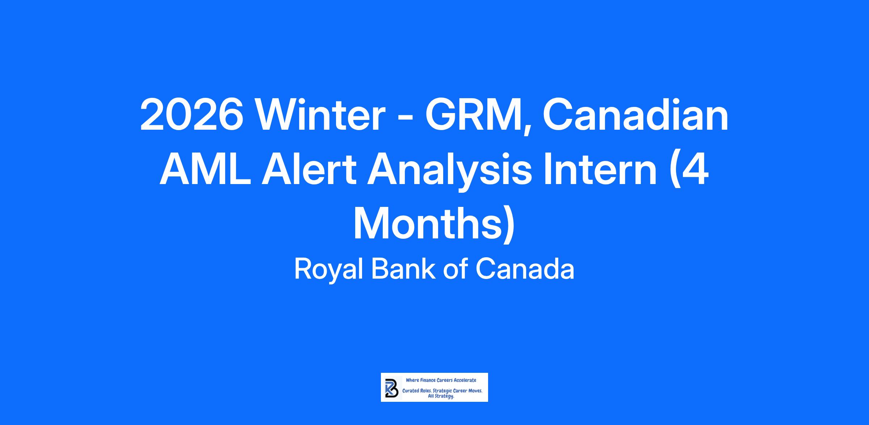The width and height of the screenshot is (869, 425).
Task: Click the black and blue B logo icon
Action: pos(391,387)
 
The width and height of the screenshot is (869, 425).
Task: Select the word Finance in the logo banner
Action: pos(428,380)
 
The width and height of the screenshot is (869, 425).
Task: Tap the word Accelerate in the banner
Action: pos(466,380)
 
